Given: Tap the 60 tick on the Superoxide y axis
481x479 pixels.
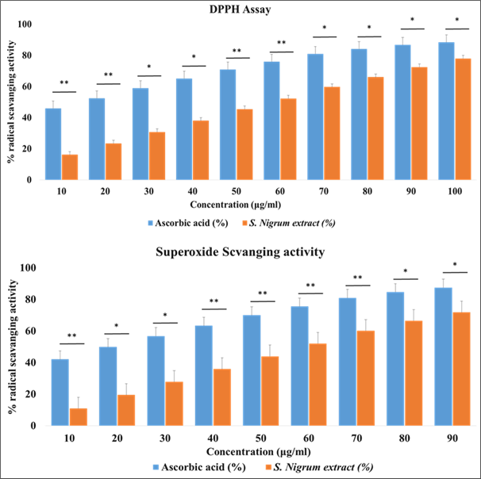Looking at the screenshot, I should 25,331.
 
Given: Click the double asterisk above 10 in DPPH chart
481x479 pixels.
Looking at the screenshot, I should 63,83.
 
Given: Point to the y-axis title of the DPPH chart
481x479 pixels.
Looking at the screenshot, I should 10,103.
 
